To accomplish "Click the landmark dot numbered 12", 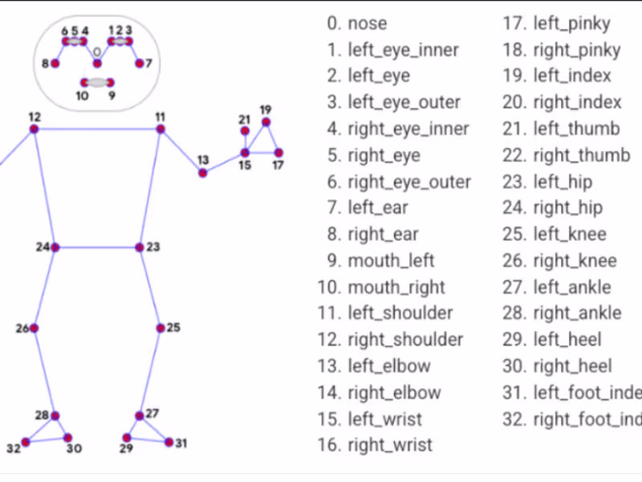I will click(x=35, y=129).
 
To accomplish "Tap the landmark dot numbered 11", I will click(x=160, y=129).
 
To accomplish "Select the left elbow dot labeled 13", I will click(x=203, y=173).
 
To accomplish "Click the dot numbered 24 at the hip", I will click(x=55, y=247).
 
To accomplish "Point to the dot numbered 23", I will click(x=140, y=247).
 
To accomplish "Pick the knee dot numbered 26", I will click(x=34, y=328).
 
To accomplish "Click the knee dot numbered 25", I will click(x=160, y=328).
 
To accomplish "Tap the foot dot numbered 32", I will click(x=26, y=442).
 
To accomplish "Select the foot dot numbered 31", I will click(x=169, y=442).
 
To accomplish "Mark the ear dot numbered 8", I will click(x=55, y=63).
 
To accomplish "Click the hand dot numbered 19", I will click(x=266, y=122).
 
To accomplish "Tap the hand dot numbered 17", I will click(x=278, y=153).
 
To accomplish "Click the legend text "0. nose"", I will click(x=357, y=23).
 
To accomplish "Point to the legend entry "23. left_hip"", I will click(x=548, y=182).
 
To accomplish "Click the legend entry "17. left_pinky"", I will click(x=557, y=23).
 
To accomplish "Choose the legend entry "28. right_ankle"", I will click(x=563, y=313).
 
